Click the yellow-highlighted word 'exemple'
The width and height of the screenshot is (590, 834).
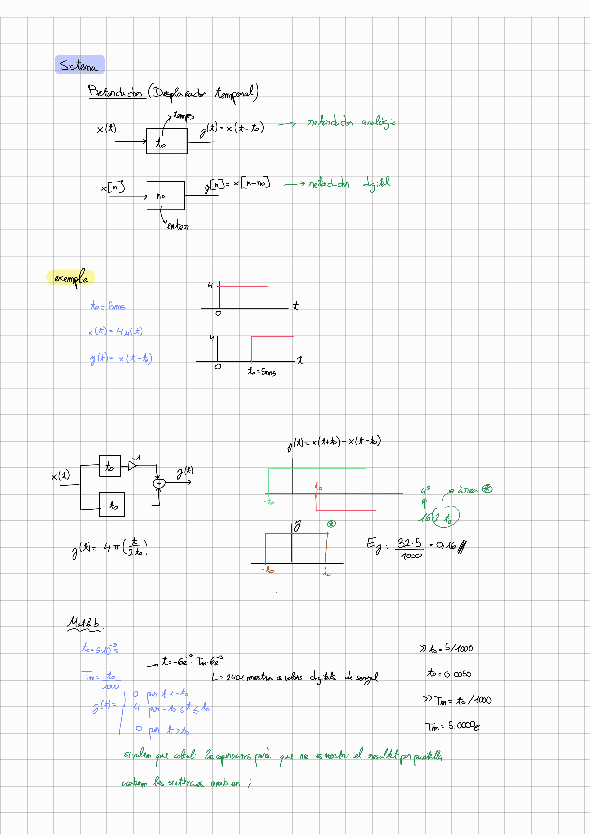71,278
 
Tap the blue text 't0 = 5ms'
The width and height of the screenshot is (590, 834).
108,307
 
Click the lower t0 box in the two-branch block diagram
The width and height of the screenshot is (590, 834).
113,506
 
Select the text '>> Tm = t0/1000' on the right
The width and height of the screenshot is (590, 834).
456,700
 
